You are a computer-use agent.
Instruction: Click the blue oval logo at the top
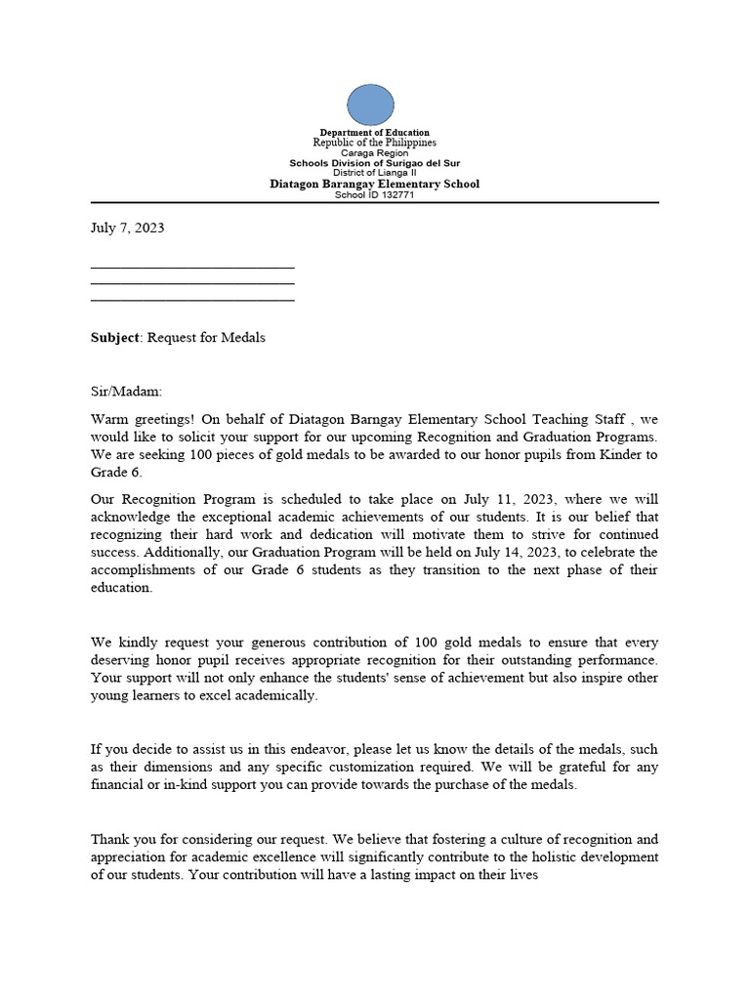point(370,104)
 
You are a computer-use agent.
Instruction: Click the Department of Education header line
point(374,132)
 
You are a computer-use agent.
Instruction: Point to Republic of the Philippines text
point(374,143)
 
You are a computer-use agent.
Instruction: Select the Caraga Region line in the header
point(374,153)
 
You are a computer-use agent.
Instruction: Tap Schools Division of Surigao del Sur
point(374,163)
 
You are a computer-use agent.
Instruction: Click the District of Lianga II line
point(374,173)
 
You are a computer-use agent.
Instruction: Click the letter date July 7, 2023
point(127,228)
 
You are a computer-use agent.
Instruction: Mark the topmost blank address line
point(192,267)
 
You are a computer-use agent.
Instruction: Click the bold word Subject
point(116,338)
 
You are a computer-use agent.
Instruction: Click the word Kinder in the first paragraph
point(611,454)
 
